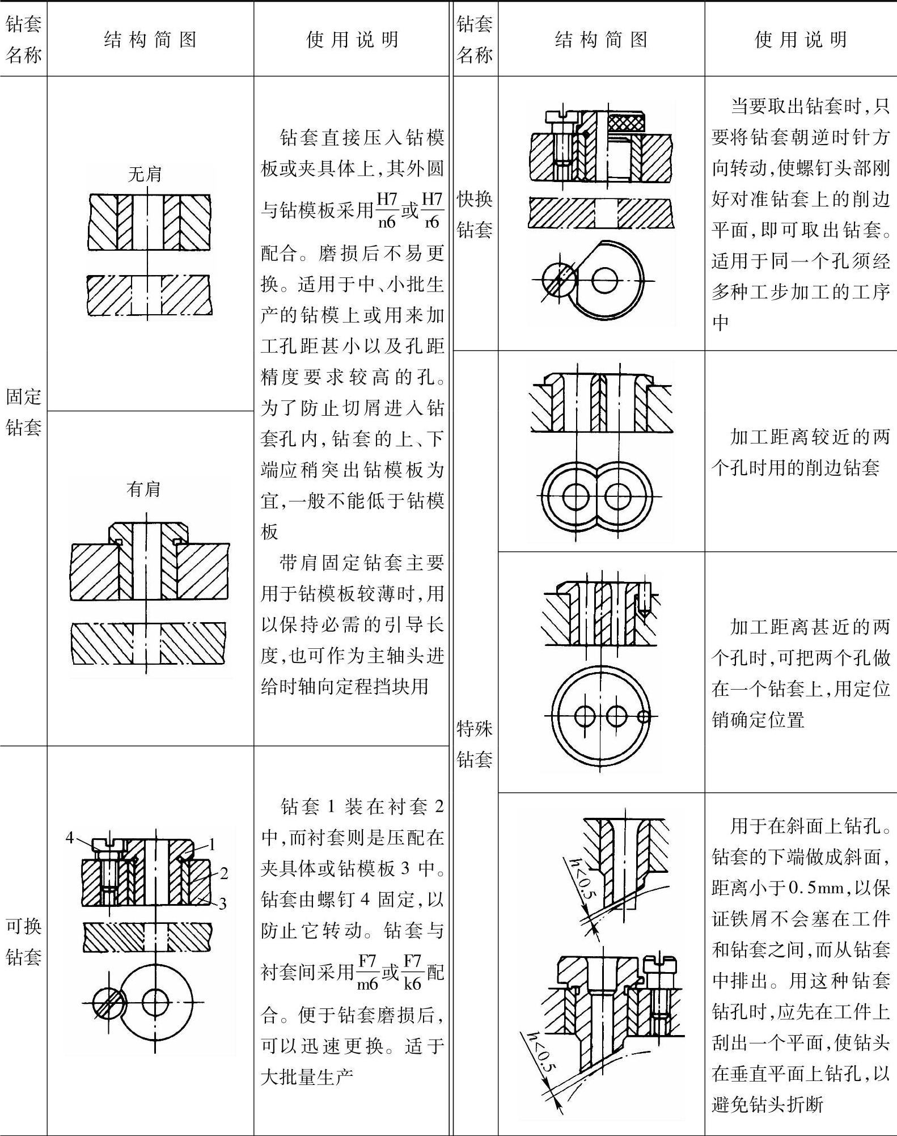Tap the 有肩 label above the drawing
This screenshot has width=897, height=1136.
pyautogui.click(x=143, y=488)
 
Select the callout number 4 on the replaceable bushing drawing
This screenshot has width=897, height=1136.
pyautogui.click(x=70, y=837)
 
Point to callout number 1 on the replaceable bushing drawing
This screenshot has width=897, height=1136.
pyautogui.click(x=212, y=844)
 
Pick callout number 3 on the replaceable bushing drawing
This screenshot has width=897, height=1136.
pyautogui.click(x=222, y=903)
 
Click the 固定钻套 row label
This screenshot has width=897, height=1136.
pyautogui.click(x=23, y=412)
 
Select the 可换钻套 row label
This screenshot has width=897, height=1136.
pyautogui.click(x=23, y=941)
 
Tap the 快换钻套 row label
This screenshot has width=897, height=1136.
pyautogui.click(x=475, y=214)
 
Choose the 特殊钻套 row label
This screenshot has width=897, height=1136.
pyautogui.click(x=475, y=744)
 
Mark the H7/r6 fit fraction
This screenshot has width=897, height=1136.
pyautogui.click(x=432, y=210)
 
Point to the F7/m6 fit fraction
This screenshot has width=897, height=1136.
pyautogui.click(x=367, y=972)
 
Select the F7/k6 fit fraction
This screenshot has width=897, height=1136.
pyautogui.click(x=412, y=972)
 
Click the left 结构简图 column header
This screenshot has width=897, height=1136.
pyautogui.click(x=150, y=40)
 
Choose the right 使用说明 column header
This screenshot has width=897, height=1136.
pyautogui.click(x=801, y=40)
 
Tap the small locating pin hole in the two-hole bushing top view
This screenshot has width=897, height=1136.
pyautogui.click(x=643, y=716)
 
